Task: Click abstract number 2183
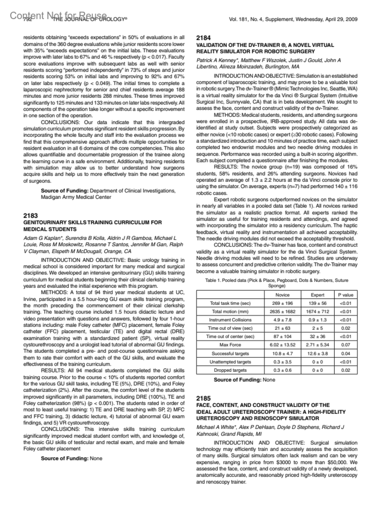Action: pos(30,216)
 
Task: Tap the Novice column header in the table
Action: pos(282,295)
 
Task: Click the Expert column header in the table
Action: pos(317,295)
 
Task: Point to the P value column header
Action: pos(345,295)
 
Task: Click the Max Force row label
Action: pos(230,345)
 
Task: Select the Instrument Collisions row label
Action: pos(230,320)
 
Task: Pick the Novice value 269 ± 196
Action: pos(282,303)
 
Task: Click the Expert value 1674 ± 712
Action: pos(317,312)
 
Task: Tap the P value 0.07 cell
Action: pos(345,345)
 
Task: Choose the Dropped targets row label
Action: pos(230,370)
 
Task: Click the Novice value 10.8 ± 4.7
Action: pos(282,353)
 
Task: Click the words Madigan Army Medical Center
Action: pos(76,197)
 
